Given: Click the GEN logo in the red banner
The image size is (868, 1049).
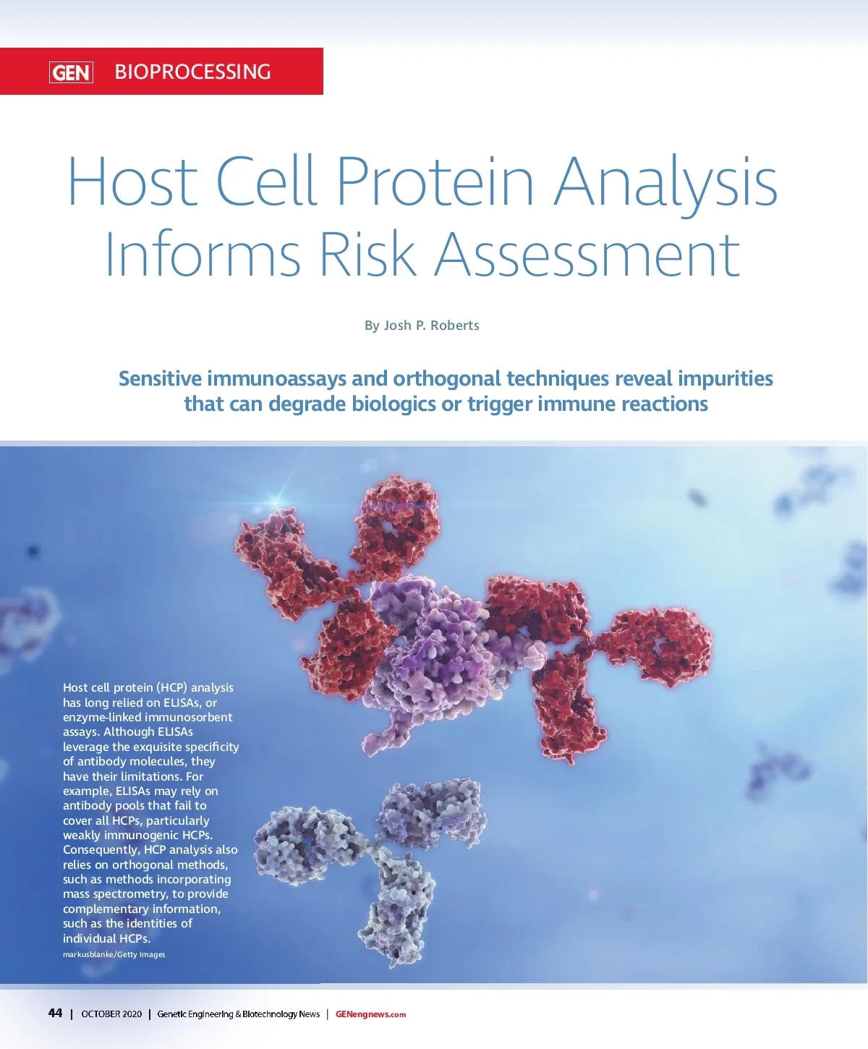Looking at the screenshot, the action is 71,72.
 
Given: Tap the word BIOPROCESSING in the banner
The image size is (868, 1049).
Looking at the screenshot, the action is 193,72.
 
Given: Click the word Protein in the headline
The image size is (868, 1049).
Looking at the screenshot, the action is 435,181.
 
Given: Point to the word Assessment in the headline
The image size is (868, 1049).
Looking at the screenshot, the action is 587,254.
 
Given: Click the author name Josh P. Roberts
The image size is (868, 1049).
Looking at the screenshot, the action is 432,326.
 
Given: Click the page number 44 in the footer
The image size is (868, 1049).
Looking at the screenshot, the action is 55,1013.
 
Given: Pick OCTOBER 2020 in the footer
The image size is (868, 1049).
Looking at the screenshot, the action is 111,1014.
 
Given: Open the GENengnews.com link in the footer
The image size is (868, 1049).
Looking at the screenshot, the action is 370,1014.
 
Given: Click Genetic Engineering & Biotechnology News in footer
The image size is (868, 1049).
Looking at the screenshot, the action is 239,1014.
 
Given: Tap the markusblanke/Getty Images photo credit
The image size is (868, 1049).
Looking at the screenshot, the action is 114,954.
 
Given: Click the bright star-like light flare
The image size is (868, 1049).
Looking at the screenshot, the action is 275,501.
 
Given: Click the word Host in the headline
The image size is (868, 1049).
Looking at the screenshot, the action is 132,182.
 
